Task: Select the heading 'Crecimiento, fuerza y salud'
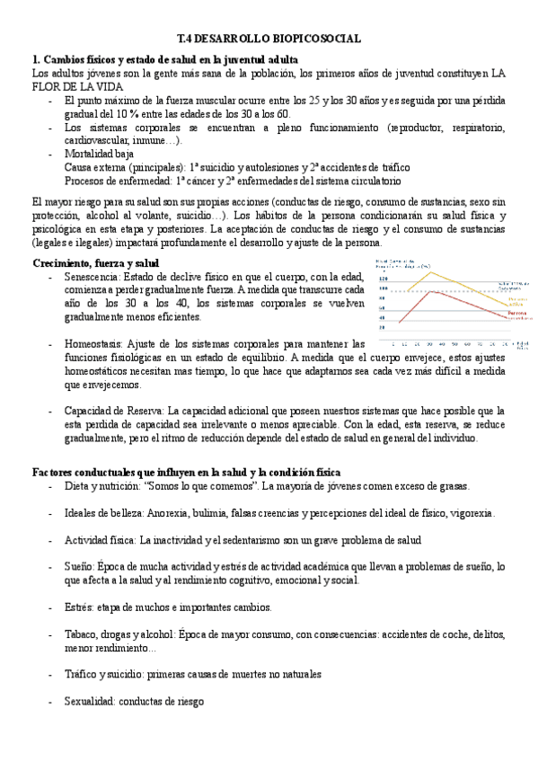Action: [x=95, y=262]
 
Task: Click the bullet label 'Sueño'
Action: [x=78, y=567]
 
